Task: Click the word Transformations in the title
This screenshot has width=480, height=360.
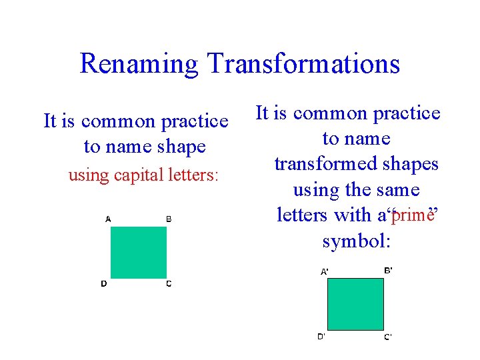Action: click(303, 64)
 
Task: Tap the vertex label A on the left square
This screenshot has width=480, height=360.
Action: click(108, 219)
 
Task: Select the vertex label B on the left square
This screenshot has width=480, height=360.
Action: click(169, 219)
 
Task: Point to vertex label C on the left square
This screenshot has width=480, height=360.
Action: click(169, 284)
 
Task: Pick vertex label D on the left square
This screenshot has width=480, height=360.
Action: click(104, 284)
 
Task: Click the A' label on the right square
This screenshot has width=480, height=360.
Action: click(324, 271)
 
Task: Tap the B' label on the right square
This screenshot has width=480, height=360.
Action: click(388, 270)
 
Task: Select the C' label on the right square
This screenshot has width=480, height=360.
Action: click(387, 337)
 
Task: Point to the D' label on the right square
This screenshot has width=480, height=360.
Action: click(321, 336)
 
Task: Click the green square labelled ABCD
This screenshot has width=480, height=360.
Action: click(138, 252)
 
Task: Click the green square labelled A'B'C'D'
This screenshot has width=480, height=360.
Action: click(355, 304)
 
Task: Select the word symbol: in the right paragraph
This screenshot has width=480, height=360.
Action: click(356, 241)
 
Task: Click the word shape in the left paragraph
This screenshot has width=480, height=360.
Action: click(178, 147)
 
